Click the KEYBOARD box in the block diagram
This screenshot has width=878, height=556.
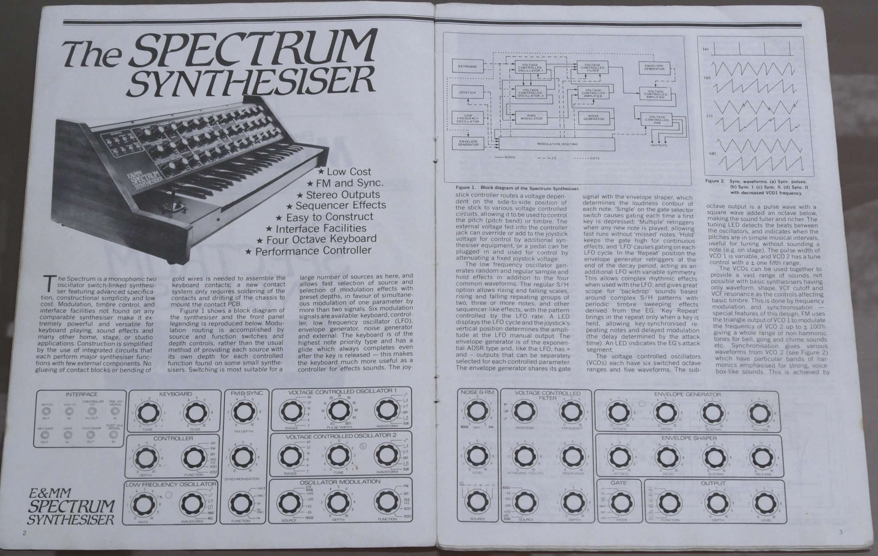click(x=467, y=66)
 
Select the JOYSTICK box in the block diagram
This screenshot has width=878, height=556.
click(x=467, y=92)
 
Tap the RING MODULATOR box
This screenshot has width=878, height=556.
click(x=531, y=117)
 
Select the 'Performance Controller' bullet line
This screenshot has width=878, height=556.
click(x=308, y=251)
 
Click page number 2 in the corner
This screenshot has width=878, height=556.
click(x=24, y=533)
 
